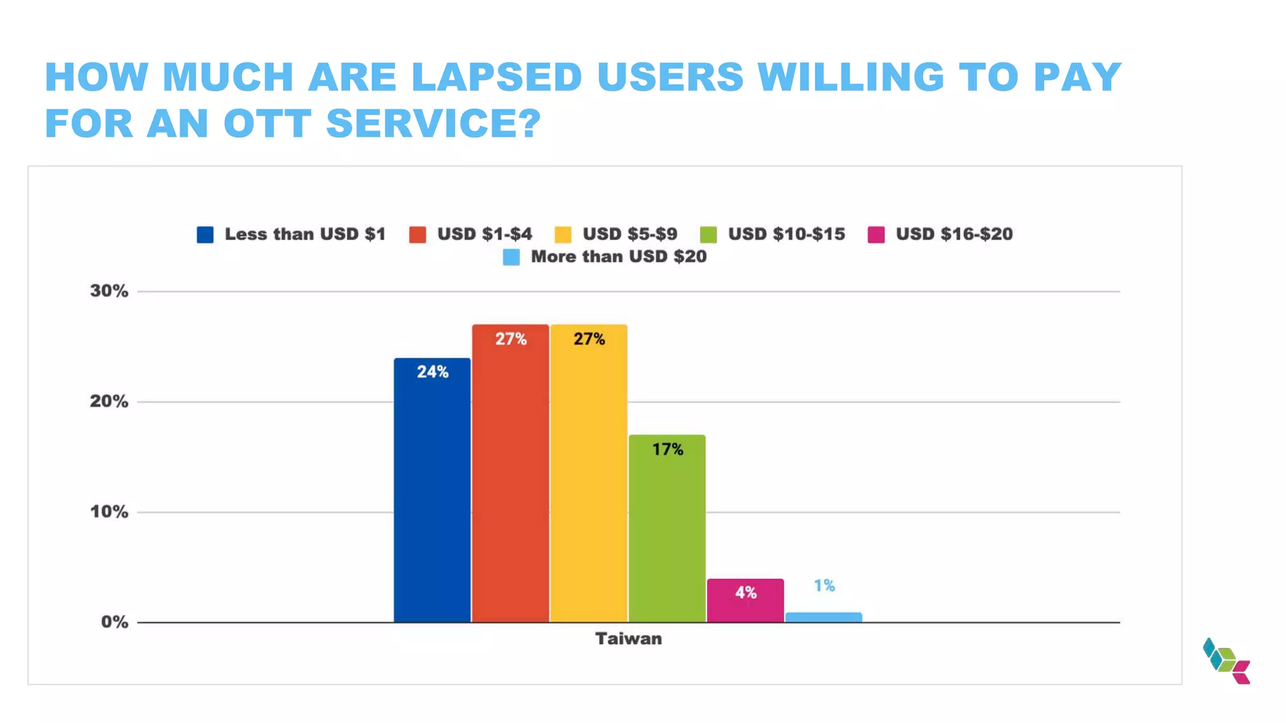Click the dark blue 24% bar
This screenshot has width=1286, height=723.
[x=432, y=496]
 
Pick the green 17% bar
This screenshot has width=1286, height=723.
[x=667, y=533]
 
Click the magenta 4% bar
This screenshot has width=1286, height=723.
[x=745, y=602]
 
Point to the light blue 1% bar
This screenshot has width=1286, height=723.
[x=823, y=617]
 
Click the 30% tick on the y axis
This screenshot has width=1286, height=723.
[x=109, y=291]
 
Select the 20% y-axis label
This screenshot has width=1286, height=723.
[x=109, y=402]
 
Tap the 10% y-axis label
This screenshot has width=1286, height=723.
[x=109, y=512]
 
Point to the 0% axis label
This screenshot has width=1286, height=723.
[x=114, y=622]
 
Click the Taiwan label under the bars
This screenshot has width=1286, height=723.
[x=628, y=639]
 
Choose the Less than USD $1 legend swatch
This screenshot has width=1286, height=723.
[x=205, y=235]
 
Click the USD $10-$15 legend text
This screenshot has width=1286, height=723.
[x=786, y=234]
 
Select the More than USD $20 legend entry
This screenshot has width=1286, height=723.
[x=619, y=257]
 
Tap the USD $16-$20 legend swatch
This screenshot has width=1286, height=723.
[x=876, y=235]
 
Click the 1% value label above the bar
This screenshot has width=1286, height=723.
[x=824, y=586]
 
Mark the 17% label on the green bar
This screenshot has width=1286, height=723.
[x=667, y=449]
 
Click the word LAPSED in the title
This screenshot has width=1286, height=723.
[x=496, y=77]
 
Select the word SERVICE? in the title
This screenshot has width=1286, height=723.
[x=433, y=123]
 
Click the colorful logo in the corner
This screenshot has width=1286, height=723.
[x=1226, y=661]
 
